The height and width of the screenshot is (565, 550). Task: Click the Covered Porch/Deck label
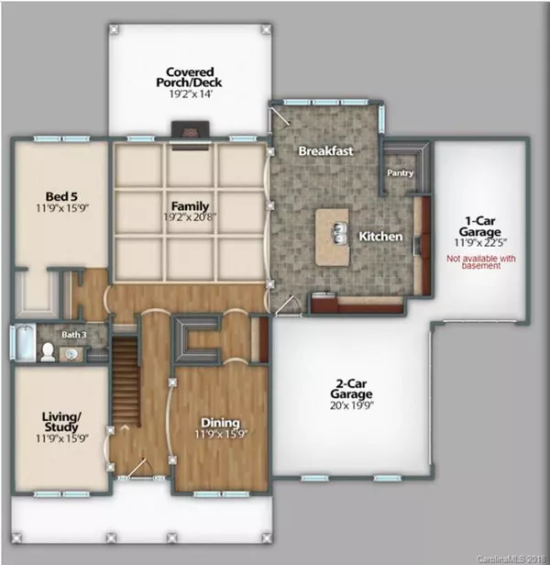tap(189, 77)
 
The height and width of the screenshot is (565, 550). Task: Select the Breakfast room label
tap(325, 151)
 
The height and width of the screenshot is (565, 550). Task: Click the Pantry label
tap(401, 173)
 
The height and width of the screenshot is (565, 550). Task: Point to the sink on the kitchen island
tap(339, 233)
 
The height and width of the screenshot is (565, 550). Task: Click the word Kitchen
tap(380, 237)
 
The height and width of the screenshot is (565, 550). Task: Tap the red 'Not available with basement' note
tap(481, 262)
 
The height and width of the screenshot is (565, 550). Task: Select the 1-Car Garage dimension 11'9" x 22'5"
tap(480, 243)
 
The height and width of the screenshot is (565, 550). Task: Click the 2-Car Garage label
tap(351, 389)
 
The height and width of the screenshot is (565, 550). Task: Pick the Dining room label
tap(220, 422)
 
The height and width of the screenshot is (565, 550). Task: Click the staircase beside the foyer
tap(126, 382)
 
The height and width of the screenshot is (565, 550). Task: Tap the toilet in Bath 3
tap(48, 352)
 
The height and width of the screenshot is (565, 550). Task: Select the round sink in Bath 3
tap(71, 355)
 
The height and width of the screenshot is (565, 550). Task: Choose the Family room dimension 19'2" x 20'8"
tap(190, 217)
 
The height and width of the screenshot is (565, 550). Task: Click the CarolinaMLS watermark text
tap(511, 559)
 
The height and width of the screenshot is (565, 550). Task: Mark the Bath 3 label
tap(74, 335)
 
